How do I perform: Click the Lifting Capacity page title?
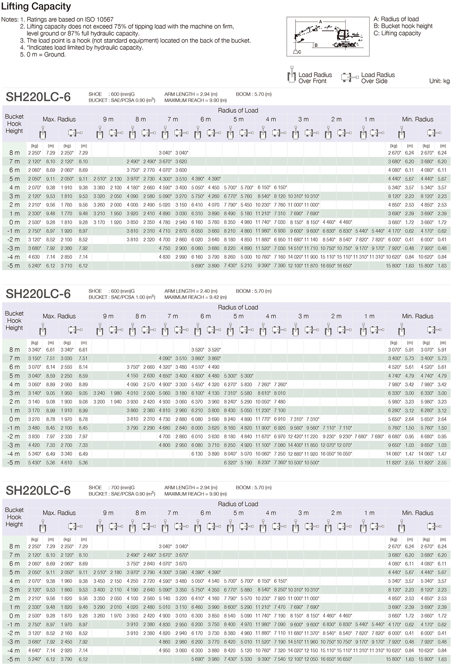coord(36,7)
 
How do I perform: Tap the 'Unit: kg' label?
coord(439,81)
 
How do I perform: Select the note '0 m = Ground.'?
coord(45,55)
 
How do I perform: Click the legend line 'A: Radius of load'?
coord(396,19)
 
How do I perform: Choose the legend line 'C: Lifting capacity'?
coord(397,33)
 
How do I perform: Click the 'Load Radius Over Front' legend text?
coord(315,78)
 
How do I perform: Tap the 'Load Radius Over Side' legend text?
coord(378,78)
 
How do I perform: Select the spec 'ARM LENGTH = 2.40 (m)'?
coord(191,291)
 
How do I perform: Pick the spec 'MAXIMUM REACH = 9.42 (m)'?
coord(195,297)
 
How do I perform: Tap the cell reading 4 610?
coord(67,462)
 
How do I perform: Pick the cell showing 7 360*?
coord(279,462)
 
